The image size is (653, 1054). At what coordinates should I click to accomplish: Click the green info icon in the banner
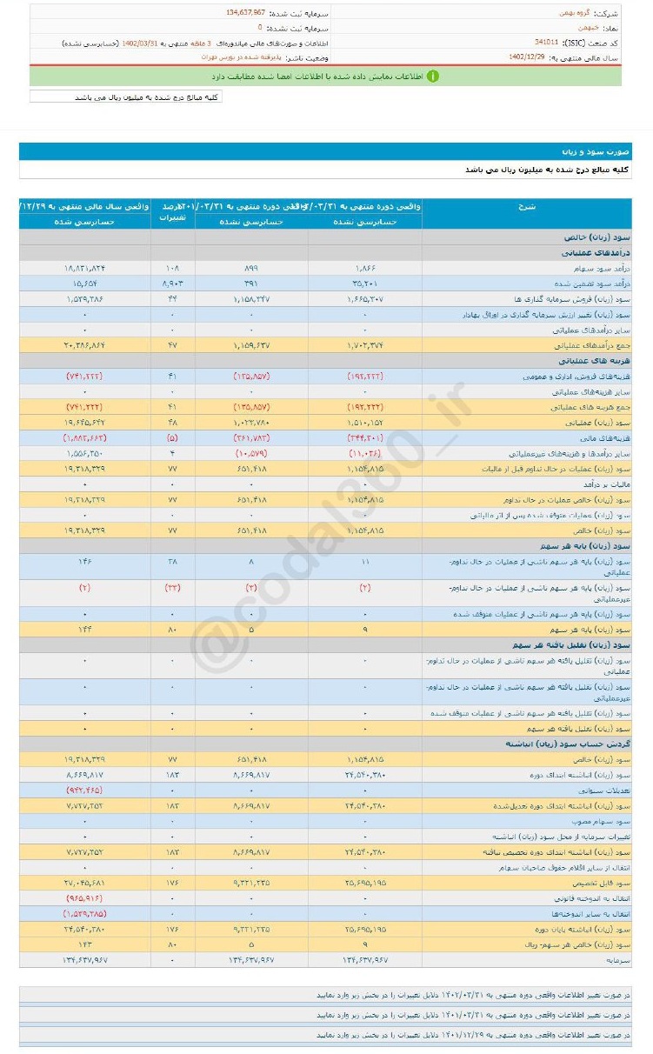432,77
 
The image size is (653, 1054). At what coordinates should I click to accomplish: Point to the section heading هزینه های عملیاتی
601,361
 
